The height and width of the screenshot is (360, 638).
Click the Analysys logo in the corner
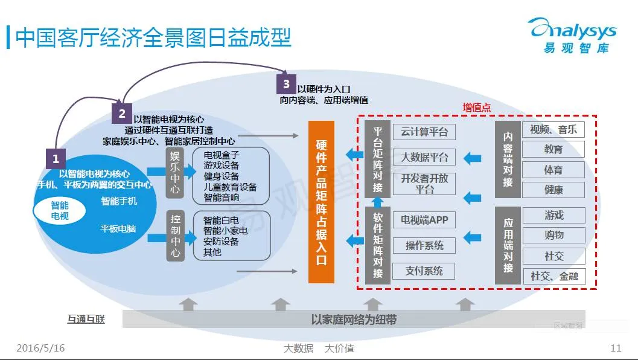click(572, 35)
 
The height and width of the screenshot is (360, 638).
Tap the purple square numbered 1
click(56, 159)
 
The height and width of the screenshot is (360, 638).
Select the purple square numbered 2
click(122, 113)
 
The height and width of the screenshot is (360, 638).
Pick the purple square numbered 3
click(286, 84)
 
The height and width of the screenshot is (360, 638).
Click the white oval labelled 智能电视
click(60, 210)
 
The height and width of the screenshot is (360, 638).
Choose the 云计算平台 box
click(424, 132)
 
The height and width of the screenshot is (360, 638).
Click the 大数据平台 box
click(424, 158)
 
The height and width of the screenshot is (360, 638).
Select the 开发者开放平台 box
click(424, 184)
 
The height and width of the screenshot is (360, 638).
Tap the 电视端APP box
click(424, 220)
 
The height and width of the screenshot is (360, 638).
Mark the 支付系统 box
click(424, 271)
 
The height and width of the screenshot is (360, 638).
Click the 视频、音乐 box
click(553, 129)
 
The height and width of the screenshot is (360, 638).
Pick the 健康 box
click(553, 190)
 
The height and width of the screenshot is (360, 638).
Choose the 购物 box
click(553, 235)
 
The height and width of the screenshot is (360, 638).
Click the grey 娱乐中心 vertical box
click(175, 173)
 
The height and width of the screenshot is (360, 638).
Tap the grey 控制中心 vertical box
click(175, 236)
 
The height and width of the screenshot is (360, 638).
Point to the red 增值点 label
click(477, 107)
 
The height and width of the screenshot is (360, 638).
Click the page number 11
click(616, 349)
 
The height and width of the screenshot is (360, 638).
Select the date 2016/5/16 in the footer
click(40, 349)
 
